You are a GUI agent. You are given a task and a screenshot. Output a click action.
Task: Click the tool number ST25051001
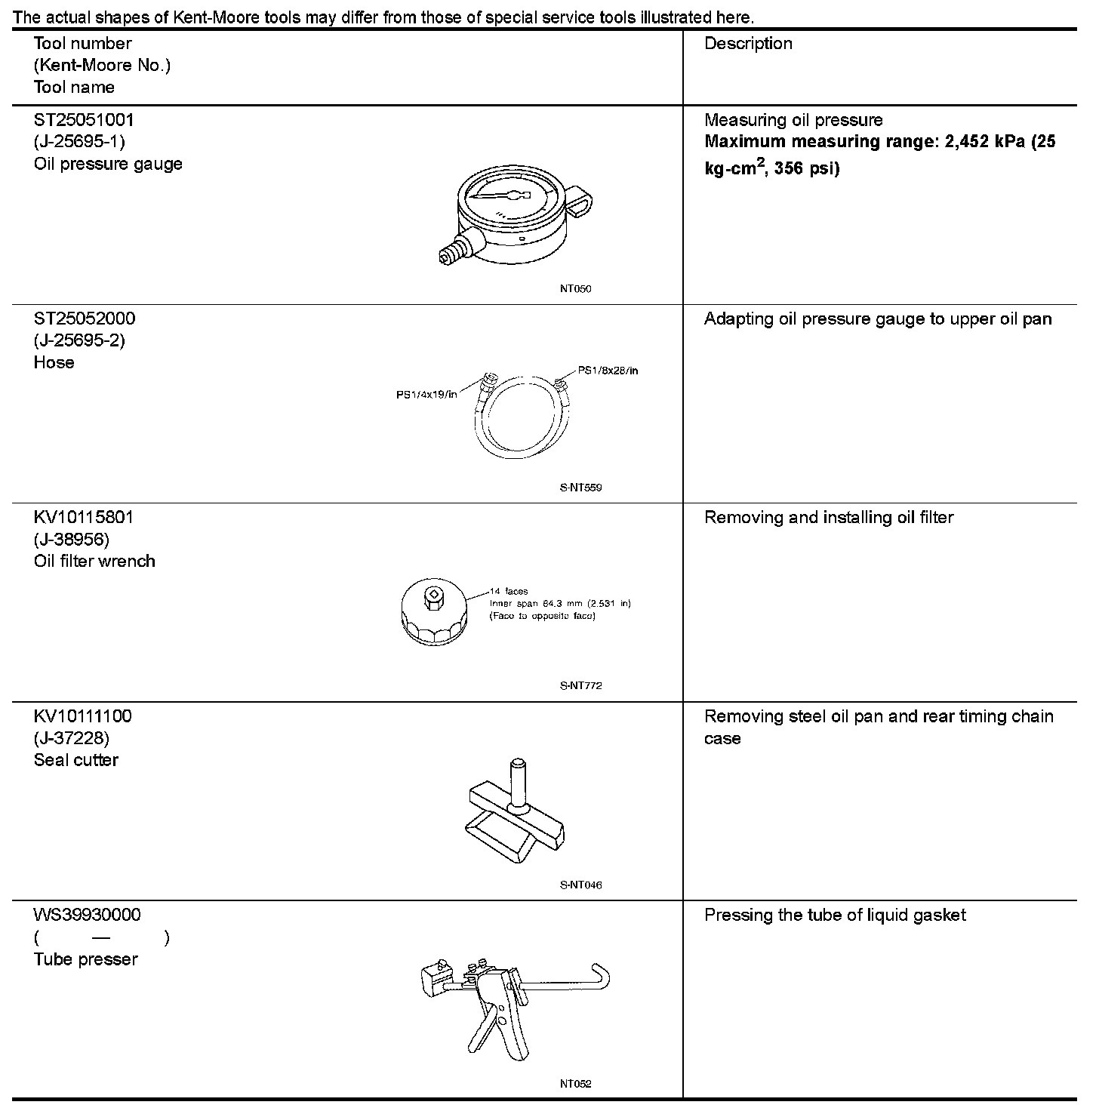pyautogui.click(x=84, y=120)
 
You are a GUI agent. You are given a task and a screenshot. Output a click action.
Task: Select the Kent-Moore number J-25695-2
pyautogui.click(x=79, y=340)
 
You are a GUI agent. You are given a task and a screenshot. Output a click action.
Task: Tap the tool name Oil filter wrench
pyautogui.click(x=94, y=561)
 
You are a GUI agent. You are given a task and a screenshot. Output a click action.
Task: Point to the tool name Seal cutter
pyautogui.click(x=75, y=760)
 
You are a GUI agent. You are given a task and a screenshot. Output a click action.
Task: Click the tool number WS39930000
pyautogui.click(x=87, y=915)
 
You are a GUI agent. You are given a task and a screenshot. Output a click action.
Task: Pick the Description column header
pyautogui.click(x=748, y=44)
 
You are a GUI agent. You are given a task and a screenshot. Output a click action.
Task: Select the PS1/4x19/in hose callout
pyautogui.click(x=426, y=394)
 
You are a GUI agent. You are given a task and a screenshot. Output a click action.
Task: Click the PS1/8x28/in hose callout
pyautogui.click(x=608, y=371)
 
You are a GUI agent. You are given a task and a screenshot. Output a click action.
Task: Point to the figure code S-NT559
pyautogui.click(x=580, y=488)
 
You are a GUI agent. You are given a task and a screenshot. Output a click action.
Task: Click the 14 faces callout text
pyautogui.click(x=509, y=592)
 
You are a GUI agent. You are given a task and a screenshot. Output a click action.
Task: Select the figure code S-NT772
pyautogui.click(x=580, y=686)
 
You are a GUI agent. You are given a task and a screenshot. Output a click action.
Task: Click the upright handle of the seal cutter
pyautogui.click(x=518, y=782)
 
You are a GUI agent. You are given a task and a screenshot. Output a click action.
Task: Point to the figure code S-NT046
pyautogui.click(x=580, y=885)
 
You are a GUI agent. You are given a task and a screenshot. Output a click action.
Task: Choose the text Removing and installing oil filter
pyautogui.click(x=828, y=518)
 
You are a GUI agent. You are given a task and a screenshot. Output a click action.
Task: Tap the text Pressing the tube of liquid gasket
pyautogui.click(x=834, y=916)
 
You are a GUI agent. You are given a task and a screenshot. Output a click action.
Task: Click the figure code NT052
pyautogui.click(x=575, y=1084)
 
